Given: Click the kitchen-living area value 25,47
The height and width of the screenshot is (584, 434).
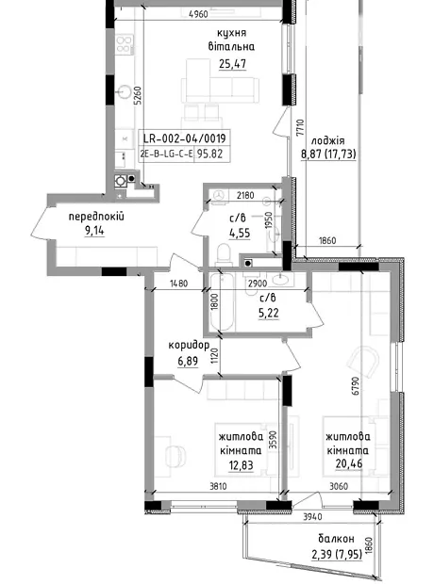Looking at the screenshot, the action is [232, 64].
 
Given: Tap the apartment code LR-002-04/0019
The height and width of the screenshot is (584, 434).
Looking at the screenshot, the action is [185, 138].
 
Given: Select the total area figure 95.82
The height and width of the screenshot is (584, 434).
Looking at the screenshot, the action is [209, 154].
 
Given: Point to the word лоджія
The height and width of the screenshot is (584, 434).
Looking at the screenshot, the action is [328, 141].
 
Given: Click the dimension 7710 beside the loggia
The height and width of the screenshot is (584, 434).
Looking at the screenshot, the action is [301, 128].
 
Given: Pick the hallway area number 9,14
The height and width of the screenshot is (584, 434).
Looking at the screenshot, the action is [94, 231].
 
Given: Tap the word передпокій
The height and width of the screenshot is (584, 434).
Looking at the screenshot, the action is [96, 217].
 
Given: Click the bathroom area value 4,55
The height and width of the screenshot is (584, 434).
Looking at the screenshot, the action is [240, 234].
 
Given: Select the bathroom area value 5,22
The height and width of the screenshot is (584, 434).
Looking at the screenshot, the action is [268, 313].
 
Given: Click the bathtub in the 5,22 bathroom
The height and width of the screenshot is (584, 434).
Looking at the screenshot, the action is [223, 301].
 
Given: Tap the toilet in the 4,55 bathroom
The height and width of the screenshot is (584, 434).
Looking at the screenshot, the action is [224, 254].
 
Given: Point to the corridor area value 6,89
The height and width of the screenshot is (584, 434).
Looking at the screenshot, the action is [188, 361].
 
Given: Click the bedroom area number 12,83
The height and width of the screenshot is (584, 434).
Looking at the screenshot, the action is [242, 465].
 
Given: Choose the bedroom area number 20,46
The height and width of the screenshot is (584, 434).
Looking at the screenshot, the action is [349, 464].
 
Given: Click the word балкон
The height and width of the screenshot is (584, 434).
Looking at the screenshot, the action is [336, 539].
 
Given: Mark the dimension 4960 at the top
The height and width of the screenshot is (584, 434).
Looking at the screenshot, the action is [198, 14].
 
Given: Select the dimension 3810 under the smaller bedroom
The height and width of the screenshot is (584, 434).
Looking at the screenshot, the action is [218, 486].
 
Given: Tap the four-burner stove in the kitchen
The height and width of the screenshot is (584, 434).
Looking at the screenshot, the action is [125, 43].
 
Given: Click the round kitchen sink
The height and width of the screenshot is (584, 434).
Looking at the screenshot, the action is [124, 91].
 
